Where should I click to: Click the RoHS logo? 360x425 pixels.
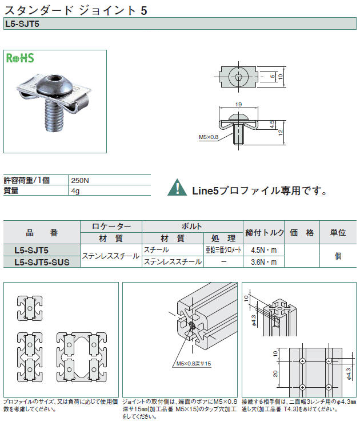click(20, 58)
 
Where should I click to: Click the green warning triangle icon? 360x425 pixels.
click(177, 188)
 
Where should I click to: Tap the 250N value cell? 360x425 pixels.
click(80, 181)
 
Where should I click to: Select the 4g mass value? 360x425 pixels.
click(75, 191)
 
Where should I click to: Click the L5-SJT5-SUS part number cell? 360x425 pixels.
click(42, 262)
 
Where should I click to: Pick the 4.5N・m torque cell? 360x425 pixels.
click(263, 250)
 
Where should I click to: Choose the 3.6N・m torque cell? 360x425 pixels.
click(263, 262)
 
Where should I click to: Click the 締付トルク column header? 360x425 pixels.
click(265, 233)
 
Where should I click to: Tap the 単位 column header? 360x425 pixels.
click(338, 233)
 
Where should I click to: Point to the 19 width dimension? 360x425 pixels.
click(238, 104)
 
